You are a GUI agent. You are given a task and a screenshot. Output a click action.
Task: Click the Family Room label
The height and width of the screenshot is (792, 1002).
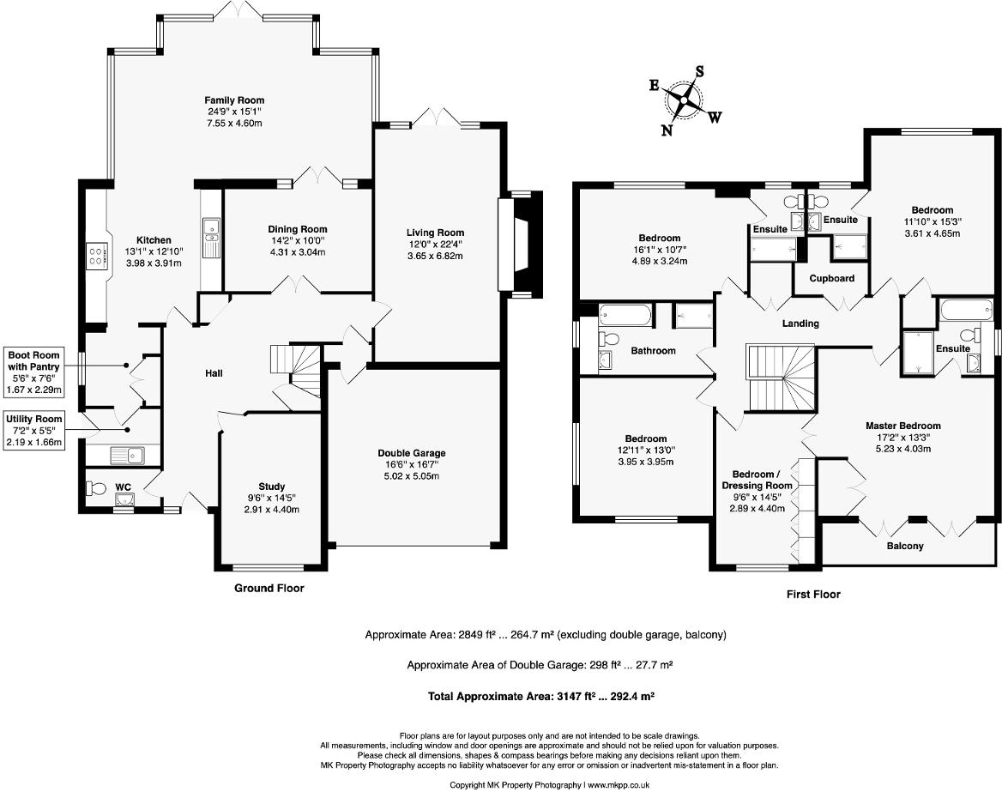(234, 100)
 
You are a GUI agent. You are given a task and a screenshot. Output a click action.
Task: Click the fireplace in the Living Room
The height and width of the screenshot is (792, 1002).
(521, 245)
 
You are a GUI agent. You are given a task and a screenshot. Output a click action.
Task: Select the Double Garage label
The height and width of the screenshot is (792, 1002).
(412, 453)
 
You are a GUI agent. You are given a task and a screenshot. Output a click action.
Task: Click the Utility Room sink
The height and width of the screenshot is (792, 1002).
(127, 454)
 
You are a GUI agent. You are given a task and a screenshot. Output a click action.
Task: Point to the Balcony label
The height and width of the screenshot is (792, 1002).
(905, 546)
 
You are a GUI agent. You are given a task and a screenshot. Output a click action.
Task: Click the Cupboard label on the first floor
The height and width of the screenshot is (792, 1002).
(831, 278)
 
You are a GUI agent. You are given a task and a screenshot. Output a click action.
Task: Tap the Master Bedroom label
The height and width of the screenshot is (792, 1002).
(902, 426)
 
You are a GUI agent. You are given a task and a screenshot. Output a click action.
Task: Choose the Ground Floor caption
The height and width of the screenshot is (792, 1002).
(269, 588)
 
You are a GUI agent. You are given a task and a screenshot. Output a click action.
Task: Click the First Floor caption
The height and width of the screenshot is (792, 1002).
(813, 594)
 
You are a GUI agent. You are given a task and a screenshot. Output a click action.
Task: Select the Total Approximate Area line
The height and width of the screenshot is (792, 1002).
(541, 696)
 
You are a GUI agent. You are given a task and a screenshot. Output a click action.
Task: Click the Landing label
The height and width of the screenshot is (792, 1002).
(800, 323)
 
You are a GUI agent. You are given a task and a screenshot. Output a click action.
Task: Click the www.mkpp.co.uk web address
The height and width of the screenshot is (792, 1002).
(618, 785)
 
